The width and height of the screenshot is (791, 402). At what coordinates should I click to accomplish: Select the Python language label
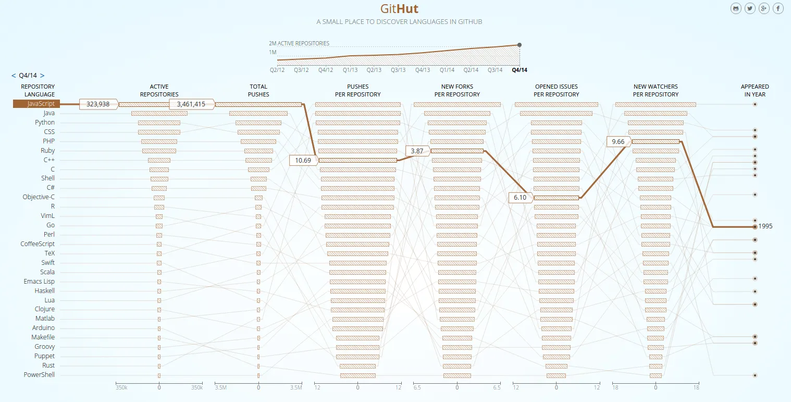pyautogui.click(x=45, y=123)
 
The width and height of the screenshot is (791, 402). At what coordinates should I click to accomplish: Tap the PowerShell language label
pyautogui.click(x=39, y=375)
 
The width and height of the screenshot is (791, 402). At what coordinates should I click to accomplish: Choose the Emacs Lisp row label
pyautogui.click(x=39, y=282)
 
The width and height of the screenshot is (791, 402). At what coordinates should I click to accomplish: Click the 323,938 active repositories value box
pyautogui.click(x=98, y=104)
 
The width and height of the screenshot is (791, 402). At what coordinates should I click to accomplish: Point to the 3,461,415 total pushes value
pyautogui.click(x=191, y=104)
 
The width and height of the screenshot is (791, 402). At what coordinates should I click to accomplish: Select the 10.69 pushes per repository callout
pyautogui.click(x=303, y=160)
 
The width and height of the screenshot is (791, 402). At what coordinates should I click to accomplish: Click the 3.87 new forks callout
pyautogui.click(x=417, y=151)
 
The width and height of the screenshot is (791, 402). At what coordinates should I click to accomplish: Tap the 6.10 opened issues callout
pyautogui.click(x=520, y=198)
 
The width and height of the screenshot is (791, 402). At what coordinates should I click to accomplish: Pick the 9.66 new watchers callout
pyautogui.click(x=618, y=141)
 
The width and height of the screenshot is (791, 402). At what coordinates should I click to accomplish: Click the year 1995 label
pyautogui.click(x=765, y=226)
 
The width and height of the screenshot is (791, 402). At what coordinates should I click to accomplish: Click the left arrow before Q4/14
pyautogui.click(x=14, y=76)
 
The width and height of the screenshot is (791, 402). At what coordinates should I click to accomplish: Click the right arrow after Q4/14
pyautogui.click(x=42, y=76)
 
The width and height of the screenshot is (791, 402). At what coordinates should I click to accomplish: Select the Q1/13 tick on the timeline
pyautogui.click(x=350, y=70)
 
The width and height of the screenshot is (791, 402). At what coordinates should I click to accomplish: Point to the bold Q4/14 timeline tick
pyautogui.click(x=520, y=70)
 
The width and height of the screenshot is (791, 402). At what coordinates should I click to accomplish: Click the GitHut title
pyautogui.click(x=399, y=9)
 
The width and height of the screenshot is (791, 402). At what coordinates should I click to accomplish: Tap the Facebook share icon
pyautogui.click(x=778, y=8)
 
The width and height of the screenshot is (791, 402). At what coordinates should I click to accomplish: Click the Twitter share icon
pyautogui.click(x=750, y=8)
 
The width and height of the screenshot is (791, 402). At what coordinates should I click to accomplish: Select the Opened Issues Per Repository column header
pyautogui.click(x=556, y=91)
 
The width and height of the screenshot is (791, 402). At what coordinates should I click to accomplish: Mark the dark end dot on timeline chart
pyautogui.click(x=520, y=45)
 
